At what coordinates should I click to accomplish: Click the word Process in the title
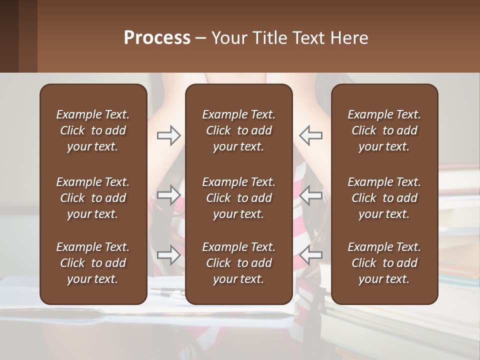tap(157, 38)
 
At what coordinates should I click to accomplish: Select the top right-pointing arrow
tap(168, 135)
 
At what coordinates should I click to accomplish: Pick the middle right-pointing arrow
tap(168, 195)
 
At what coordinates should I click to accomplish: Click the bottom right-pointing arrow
tap(168, 254)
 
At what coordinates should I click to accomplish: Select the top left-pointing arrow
tap(310, 135)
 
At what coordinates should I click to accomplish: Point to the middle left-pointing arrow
tap(310, 195)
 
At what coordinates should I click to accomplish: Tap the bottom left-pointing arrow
tap(310, 254)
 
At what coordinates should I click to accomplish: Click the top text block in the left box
tap(93, 130)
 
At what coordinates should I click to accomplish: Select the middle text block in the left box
tap(93, 198)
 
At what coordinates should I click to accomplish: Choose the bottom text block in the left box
tap(93, 263)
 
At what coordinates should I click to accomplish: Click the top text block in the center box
tap(239, 130)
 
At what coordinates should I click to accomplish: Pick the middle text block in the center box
tap(239, 198)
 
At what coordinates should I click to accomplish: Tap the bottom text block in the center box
tap(239, 263)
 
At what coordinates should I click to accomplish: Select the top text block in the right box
tap(384, 130)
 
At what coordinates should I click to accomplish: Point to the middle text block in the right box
tap(384, 198)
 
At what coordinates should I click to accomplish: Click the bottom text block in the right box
tap(384, 263)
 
